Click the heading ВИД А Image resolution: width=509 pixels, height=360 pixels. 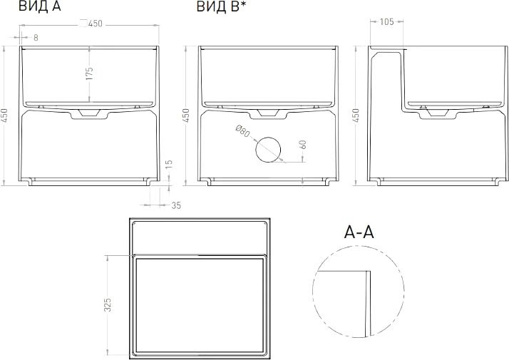click(40, 6)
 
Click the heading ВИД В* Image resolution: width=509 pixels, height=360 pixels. click(220, 6)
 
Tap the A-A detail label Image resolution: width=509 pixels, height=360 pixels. click(359, 232)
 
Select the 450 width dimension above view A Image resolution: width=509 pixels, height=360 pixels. click(96, 24)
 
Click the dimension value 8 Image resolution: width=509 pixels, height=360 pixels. click(36, 38)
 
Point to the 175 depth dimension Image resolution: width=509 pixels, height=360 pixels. click(90, 73)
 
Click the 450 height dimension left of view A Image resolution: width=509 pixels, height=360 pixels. click(4, 115)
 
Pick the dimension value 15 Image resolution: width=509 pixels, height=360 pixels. click(169, 165)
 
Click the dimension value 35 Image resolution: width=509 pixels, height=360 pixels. click(176, 205)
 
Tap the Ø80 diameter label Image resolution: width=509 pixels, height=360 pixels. click(242, 131)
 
